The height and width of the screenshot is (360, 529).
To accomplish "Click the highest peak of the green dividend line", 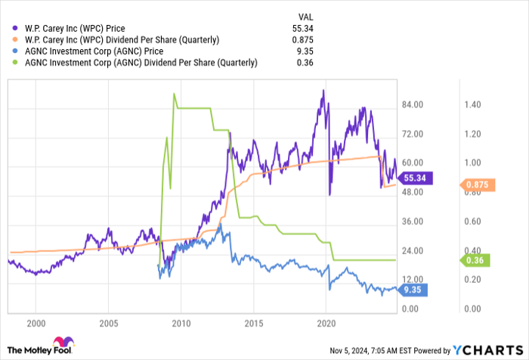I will point(174,94).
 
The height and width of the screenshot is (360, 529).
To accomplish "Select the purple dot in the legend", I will point(14,28).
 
